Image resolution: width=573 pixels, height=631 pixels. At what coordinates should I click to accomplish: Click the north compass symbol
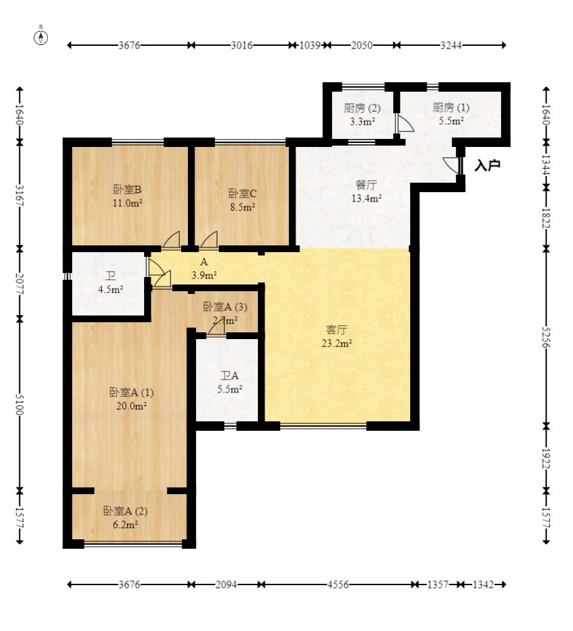pos(40,36)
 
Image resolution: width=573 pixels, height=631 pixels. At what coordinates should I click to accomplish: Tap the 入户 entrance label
pos(487,165)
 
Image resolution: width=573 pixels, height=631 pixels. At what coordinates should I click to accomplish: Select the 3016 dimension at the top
pos(242,45)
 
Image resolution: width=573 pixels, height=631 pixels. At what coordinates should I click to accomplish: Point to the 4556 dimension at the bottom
pos(338,584)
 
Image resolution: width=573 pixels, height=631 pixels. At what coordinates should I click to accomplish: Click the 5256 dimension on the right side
pos(545,337)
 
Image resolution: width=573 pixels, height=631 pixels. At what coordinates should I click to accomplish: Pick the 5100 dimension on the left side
pos(20,405)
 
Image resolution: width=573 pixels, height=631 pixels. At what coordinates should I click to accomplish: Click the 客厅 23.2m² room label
pos(337,336)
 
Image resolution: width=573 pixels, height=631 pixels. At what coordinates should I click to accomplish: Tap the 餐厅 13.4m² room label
pos(366,191)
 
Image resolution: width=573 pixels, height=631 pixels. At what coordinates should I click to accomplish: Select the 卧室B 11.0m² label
pos(127,196)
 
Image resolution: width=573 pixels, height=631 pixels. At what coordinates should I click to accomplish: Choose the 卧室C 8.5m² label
pos(242,200)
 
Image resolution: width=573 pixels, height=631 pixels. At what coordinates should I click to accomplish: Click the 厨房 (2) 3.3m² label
pos(362,115)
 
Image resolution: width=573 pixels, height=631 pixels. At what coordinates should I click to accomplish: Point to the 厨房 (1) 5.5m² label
pos(451,114)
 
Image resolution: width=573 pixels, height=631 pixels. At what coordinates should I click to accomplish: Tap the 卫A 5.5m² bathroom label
pos(230,382)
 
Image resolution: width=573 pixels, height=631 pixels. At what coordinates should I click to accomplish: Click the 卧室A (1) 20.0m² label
pos(131,399)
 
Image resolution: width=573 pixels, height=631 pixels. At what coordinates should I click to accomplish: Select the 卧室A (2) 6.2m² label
pos(125,518)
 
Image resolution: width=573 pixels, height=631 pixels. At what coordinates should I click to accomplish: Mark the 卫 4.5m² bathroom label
pos(110,282)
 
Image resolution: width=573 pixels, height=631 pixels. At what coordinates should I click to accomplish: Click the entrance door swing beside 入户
pos(450,165)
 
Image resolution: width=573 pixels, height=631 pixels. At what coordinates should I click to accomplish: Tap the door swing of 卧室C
pos(209,239)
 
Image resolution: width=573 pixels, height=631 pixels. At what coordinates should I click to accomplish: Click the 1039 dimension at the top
pos(310,45)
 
